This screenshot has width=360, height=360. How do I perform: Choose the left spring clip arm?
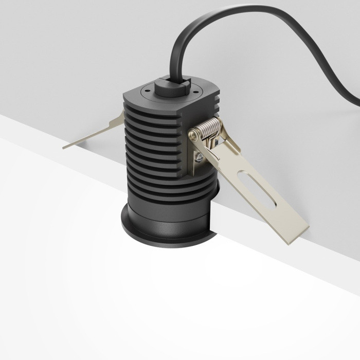tap(95, 133)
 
